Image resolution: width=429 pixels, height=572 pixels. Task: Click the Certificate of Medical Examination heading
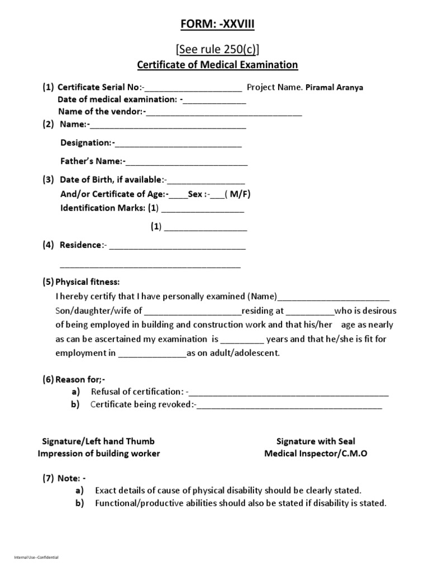(218, 65)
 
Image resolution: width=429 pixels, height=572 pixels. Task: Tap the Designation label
(85, 143)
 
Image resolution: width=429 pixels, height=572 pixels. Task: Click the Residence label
(81, 245)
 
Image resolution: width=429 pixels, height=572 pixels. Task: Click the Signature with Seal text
(316, 441)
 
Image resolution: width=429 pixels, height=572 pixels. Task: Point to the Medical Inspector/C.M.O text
(316, 454)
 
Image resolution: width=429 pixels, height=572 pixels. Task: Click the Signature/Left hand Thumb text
(99, 441)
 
